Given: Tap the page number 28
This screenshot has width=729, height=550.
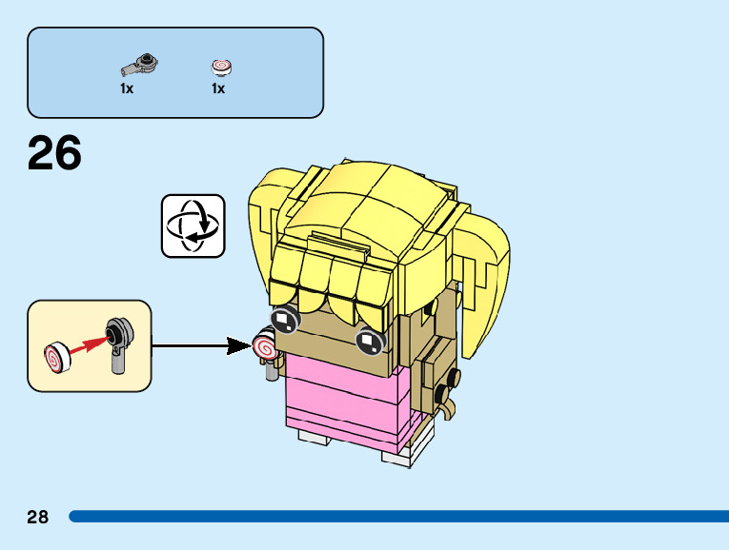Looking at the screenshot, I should [x=38, y=518].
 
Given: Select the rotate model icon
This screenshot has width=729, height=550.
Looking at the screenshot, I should [x=193, y=226].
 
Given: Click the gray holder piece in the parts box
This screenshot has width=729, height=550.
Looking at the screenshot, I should [x=139, y=66].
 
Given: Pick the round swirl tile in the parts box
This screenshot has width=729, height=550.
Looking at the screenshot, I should [x=221, y=67].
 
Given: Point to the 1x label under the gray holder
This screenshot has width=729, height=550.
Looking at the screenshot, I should [x=127, y=88].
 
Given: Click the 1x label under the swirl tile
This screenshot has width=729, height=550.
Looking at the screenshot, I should [x=218, y=88].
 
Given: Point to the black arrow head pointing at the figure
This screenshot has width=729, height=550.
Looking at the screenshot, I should [x=239, y=345].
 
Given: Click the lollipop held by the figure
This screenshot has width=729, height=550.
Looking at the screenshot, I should [x=265, y=345].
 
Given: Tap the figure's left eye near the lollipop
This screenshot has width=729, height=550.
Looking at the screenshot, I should [x=285, y=321].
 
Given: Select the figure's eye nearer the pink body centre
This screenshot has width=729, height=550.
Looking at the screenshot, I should [x=368, y=341].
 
